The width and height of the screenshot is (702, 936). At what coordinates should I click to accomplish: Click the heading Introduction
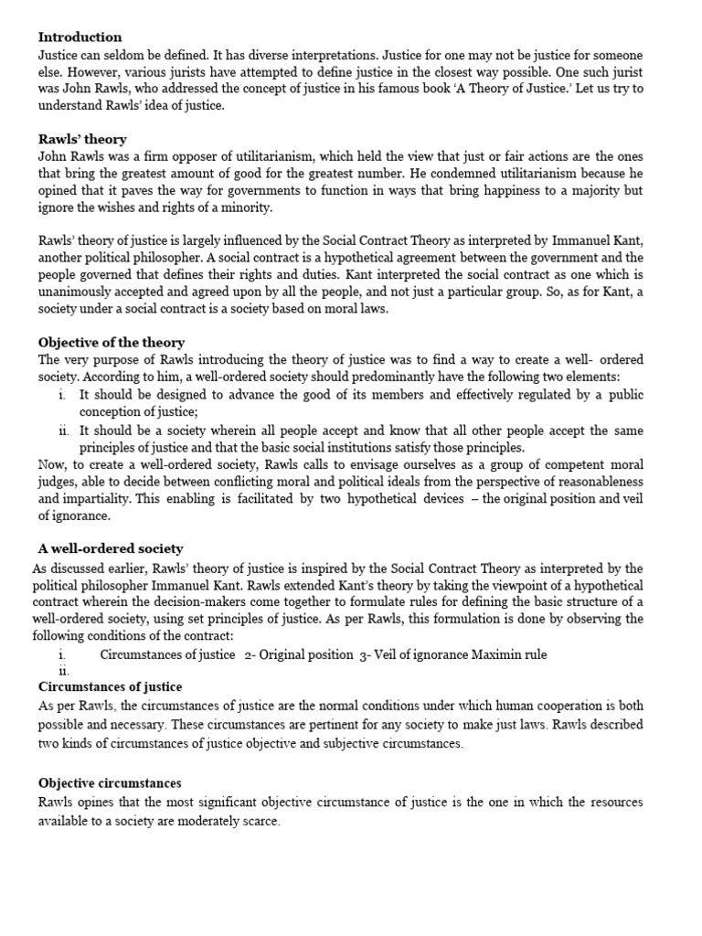[80, 37]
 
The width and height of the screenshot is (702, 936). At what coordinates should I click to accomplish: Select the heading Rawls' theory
[82, 140]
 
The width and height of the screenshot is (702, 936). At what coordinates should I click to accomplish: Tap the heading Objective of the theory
[112, 343]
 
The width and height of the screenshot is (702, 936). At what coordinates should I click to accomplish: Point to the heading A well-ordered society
[111, 549]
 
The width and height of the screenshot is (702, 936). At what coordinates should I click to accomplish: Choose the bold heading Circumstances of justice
[110, 686]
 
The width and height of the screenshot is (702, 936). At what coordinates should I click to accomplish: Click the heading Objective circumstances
[110, 783]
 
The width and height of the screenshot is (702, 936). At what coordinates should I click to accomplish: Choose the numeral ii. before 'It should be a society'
[63, 431]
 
